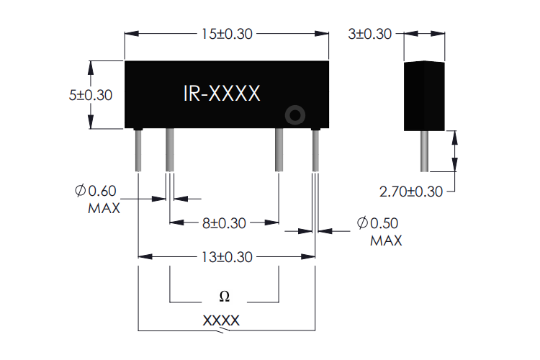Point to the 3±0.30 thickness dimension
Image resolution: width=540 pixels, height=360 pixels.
(x=371, y=34)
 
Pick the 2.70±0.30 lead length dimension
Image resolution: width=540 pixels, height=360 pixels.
(x=412, y=192)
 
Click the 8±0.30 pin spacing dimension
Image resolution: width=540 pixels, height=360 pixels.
(x=224, y=223)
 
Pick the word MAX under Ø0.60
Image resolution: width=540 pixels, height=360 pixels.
(x=103, y=209)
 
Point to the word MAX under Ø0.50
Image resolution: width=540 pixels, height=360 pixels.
(x=386, y=240)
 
